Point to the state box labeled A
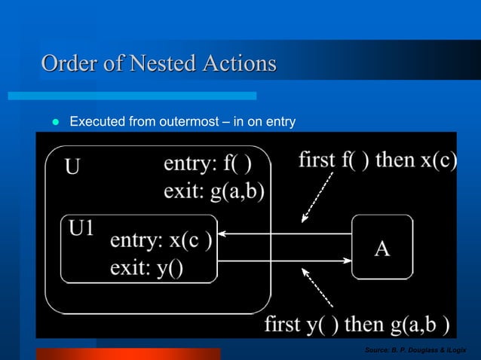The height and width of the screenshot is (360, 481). point(382,247)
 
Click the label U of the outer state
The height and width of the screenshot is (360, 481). point(72,166)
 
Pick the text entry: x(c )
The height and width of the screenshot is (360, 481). point(161,242)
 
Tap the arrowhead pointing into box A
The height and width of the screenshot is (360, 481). point(348,260)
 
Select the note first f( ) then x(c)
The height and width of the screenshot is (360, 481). point(377,160)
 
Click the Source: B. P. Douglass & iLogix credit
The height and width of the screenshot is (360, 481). point(415,350)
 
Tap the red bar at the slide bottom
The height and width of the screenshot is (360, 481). point(128,353)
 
